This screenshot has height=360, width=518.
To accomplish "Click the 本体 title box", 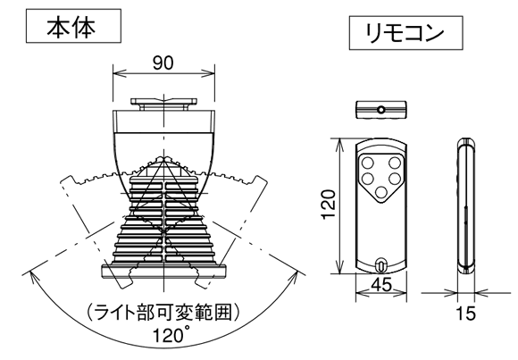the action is point(73,26).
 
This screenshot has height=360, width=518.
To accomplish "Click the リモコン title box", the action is point(405,33).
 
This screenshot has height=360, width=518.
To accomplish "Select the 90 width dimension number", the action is point(163,63).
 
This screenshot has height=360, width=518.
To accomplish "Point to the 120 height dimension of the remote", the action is point(329,204).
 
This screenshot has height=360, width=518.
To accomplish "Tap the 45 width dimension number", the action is point(380,285).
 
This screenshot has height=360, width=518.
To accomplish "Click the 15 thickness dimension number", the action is point(466,314).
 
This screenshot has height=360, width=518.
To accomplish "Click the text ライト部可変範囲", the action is point(163,313).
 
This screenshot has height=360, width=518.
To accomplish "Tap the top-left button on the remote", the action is point(368,163).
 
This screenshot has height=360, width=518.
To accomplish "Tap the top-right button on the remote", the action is point(395,163).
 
